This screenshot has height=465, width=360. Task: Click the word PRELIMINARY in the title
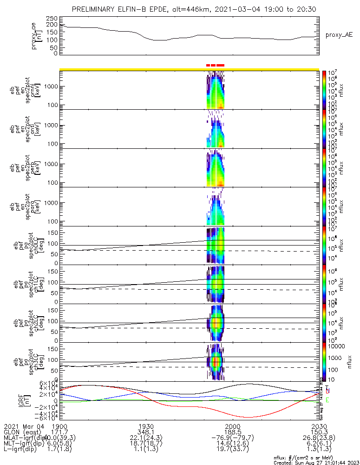(x=95, y=10)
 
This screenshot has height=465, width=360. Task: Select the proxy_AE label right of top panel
(x=339, y=35)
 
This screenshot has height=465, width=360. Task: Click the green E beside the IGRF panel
(x=327, y=400)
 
